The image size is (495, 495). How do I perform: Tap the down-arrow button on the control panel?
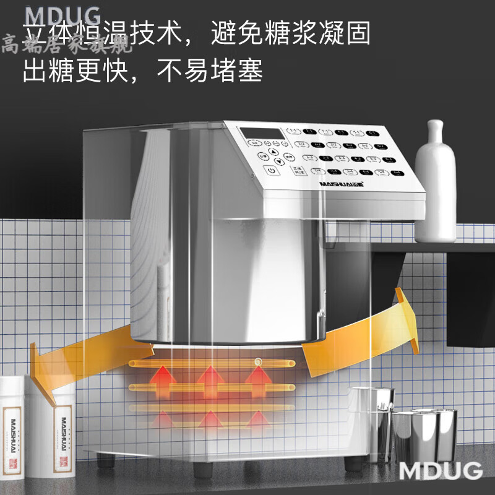(279, 163)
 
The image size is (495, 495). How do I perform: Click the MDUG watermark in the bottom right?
(440, 470)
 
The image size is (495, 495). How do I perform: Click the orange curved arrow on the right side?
(359, 340)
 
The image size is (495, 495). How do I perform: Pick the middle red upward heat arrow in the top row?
(211, 381)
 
